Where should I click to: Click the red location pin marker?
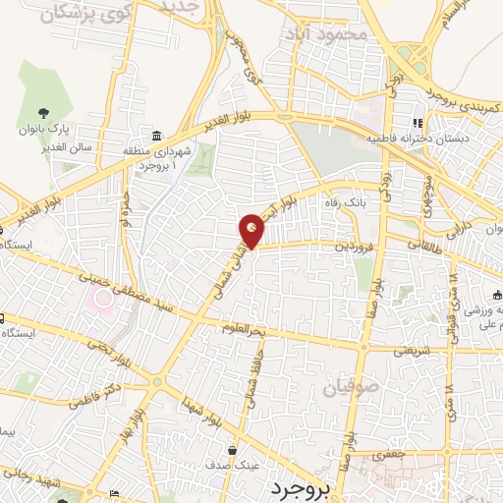tap(252, 231)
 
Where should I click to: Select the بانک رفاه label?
tap(346, 202)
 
